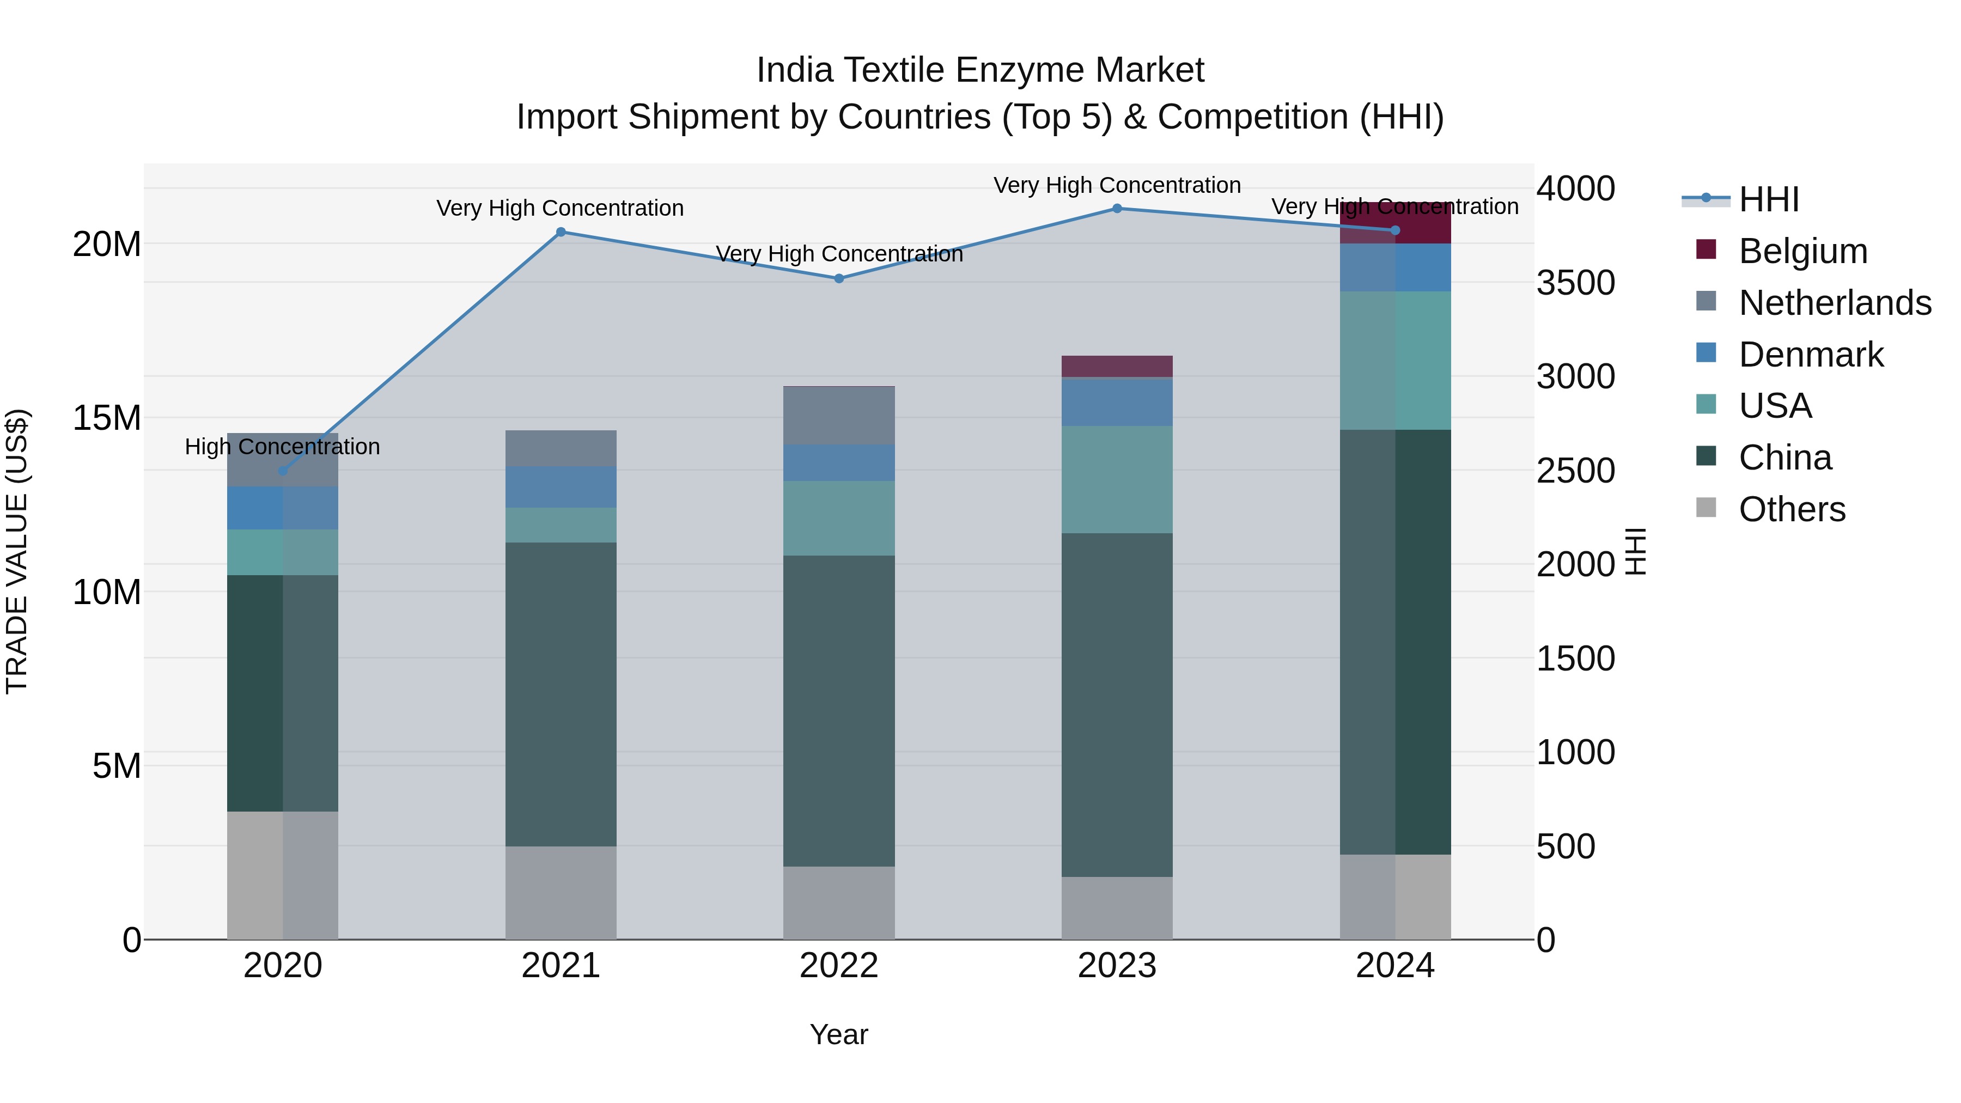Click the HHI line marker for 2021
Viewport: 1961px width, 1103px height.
561,232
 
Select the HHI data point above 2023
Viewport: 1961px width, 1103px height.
1117,209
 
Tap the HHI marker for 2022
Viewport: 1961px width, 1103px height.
839,278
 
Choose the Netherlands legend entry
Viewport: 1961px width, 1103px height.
1834,303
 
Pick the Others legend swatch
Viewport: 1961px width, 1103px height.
1706,508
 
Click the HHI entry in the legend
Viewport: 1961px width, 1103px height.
1768,199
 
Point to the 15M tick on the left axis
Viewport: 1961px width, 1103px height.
107,418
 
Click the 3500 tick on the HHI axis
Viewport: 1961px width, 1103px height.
1575,282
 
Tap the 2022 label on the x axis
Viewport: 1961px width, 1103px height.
839,966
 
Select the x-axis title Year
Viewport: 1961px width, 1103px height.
839,1034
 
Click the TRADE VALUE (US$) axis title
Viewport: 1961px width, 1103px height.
17,551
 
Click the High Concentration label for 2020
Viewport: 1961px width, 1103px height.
282,447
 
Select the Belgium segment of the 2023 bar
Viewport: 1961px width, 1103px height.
1117,366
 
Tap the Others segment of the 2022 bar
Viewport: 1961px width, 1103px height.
839,902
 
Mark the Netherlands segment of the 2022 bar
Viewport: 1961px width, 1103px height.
839,416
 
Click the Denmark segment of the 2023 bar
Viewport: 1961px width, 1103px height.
1117,402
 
